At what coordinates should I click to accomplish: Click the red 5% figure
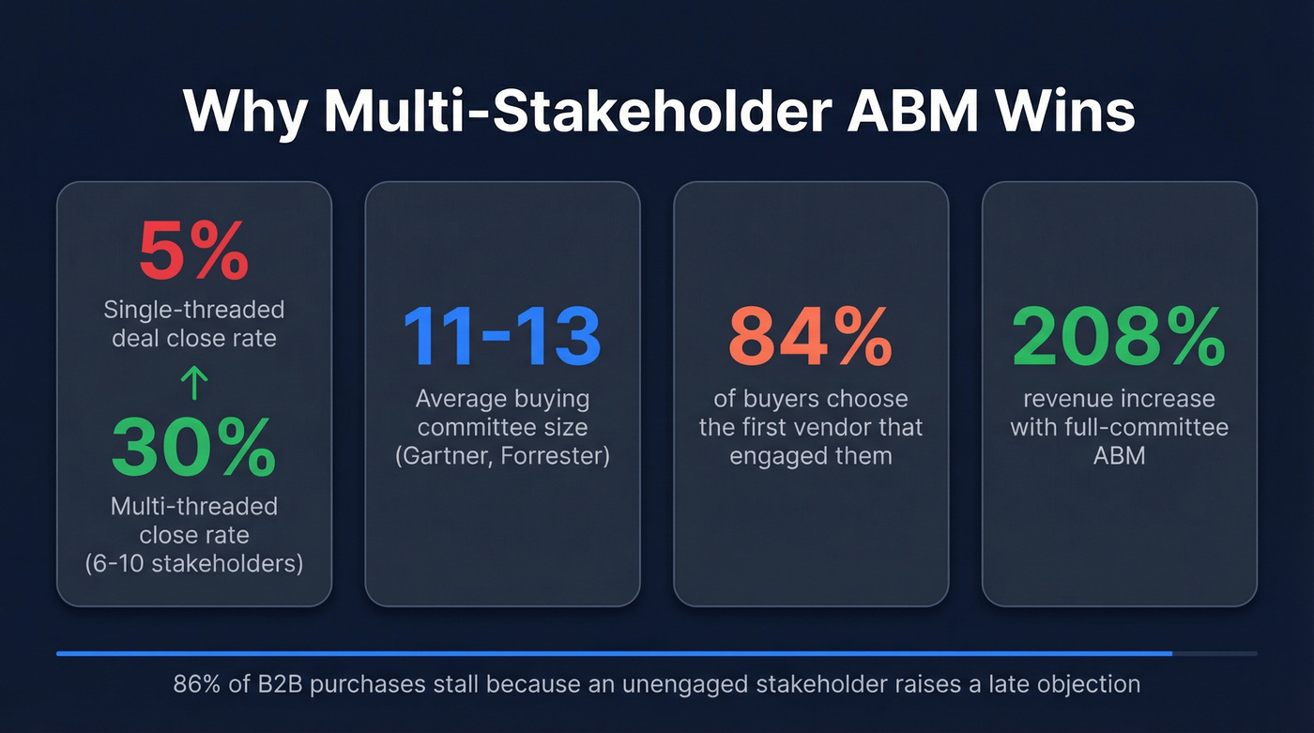tap(193, 251)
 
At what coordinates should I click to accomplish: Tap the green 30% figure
tap(193, 449)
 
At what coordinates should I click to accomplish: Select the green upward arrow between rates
tap(193, 382)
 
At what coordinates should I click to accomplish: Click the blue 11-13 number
tap(501, 336)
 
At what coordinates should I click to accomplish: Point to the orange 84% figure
tap(810, 336)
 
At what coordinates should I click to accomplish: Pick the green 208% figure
tap(1119, 336)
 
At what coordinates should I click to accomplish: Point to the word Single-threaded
tap(193, 309)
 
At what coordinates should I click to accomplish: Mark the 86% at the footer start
tap(195, 684)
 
